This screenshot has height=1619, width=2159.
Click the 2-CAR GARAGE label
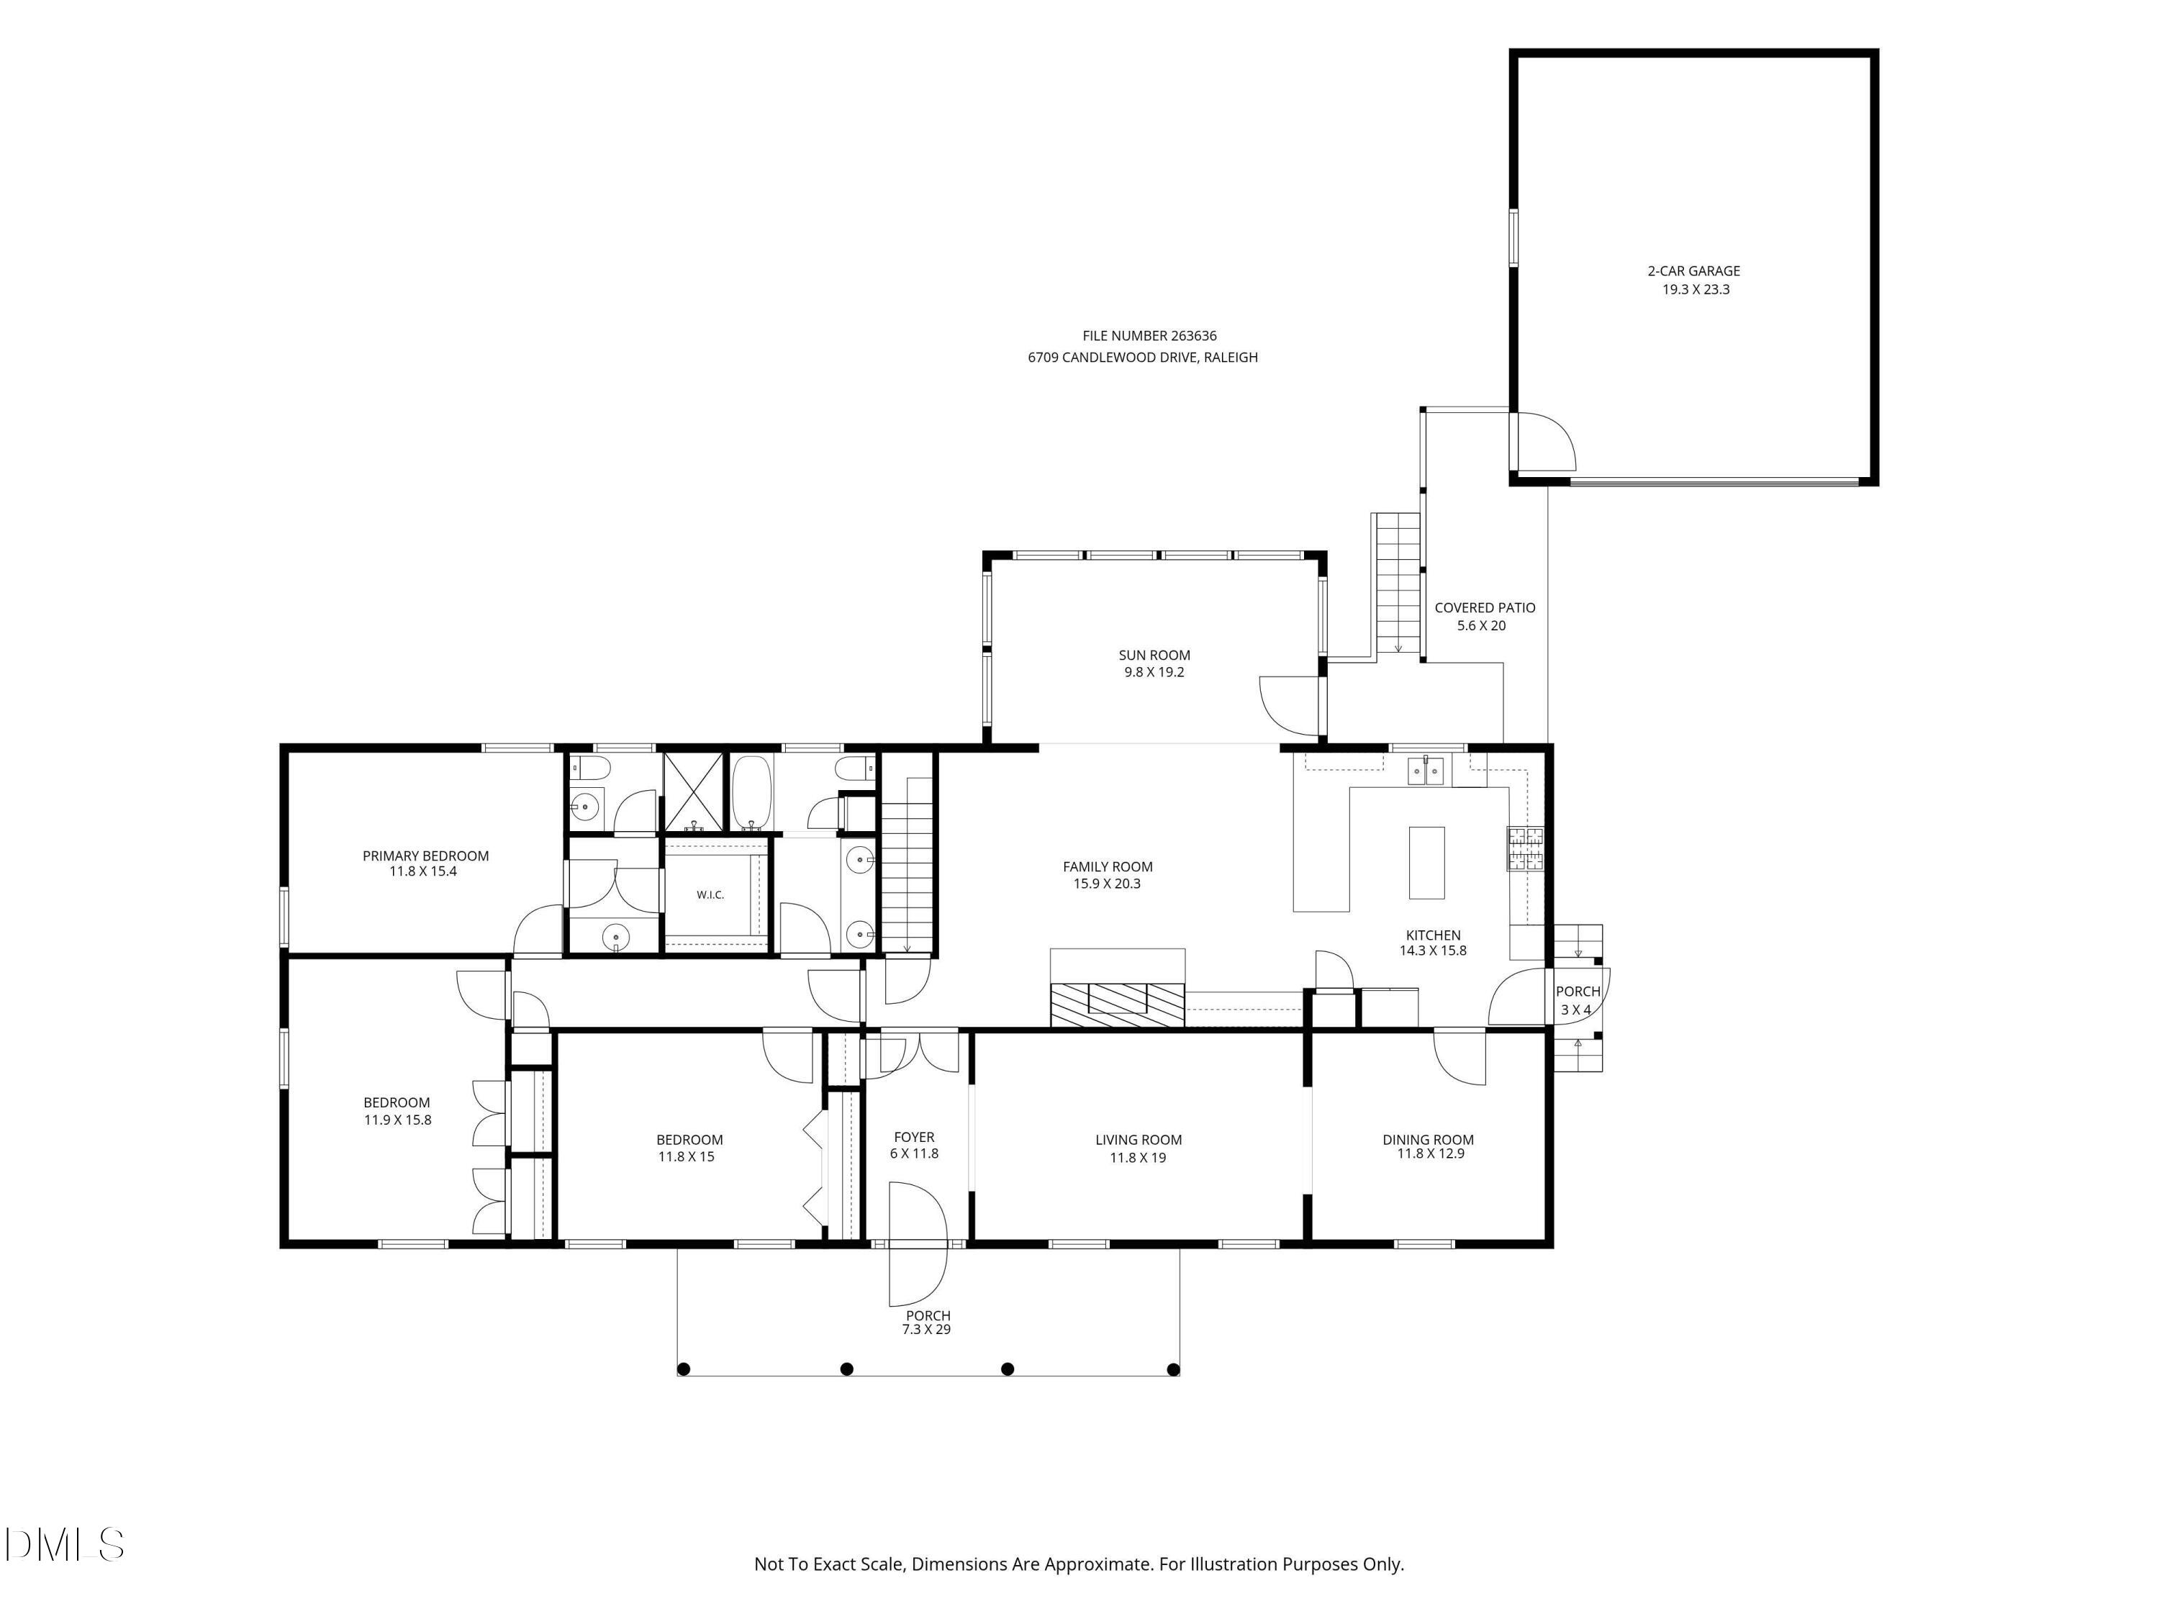pos(1693,271)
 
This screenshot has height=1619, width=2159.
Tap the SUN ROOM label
pos(1154,655)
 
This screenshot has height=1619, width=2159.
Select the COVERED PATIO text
pos(1485,608)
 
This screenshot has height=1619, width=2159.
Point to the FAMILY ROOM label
pos(1107,866)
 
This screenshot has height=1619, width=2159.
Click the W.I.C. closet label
pos(710,895)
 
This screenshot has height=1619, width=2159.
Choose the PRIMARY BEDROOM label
pos(425,856)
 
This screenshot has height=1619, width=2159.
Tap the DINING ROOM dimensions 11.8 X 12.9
pos(1430,1153)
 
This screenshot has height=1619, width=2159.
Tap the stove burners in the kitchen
pos(1526,848)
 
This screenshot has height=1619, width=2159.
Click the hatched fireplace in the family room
pos(1118,1004)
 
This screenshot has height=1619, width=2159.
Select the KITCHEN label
pos(1433,935)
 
